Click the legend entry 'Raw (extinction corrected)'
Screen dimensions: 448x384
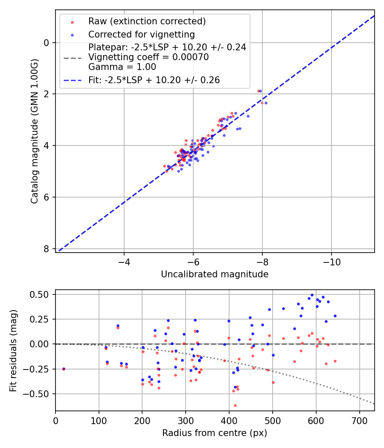tap(147, 21)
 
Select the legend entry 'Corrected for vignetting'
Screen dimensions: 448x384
tap(141, 35)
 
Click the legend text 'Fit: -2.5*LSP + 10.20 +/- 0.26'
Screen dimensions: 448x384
tap(154, 80)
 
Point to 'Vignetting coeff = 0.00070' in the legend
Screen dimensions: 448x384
tap(148, 57)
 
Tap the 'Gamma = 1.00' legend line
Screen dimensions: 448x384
tap(122, 67)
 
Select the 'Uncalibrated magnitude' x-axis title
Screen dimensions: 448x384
tap(215, 274)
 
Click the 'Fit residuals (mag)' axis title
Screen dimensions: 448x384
tap(13, 350)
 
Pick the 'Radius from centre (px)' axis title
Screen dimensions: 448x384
tap(215, 433)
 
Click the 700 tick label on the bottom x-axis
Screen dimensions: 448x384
tap(359, 421)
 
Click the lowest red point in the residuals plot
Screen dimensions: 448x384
tap(235, 405)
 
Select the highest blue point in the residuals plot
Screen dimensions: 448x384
tap(312, 295)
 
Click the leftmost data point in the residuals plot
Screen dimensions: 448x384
tap(64, 369)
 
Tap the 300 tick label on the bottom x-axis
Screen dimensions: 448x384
tap(186, 421)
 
